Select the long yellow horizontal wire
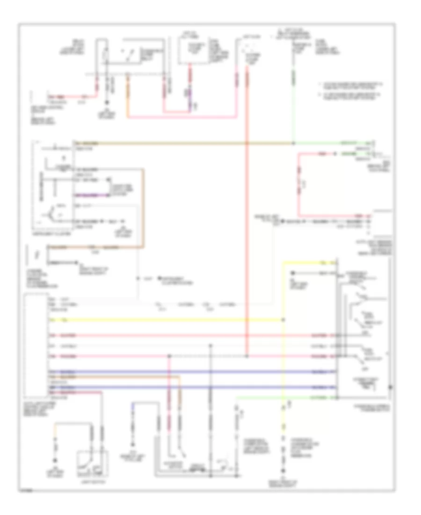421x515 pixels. pos(164,320)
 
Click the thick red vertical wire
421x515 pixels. pos(247,211)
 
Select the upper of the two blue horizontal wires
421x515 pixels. pos(187,372)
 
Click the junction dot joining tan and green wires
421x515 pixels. pos(293,142)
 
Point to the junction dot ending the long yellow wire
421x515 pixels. pos(283,320)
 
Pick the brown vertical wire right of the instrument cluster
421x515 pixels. pos(144,206)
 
